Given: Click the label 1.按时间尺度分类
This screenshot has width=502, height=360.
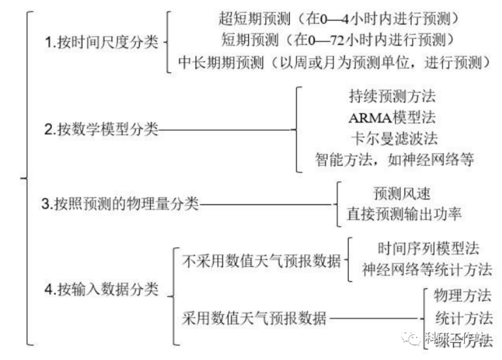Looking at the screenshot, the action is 101,43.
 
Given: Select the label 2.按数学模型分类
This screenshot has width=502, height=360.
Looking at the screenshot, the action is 101,129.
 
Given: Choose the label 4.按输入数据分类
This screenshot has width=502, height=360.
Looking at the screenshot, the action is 101,290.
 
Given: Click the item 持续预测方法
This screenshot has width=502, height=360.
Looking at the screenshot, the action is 392,96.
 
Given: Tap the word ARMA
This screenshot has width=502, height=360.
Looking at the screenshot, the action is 366,117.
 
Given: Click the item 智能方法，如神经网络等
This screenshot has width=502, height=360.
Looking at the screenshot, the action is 394,160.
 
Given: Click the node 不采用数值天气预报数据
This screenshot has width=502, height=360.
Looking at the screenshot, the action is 261,260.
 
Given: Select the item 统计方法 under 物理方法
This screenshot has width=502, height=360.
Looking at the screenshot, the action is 464,318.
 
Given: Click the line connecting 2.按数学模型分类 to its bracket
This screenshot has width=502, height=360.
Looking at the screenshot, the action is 224,129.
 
